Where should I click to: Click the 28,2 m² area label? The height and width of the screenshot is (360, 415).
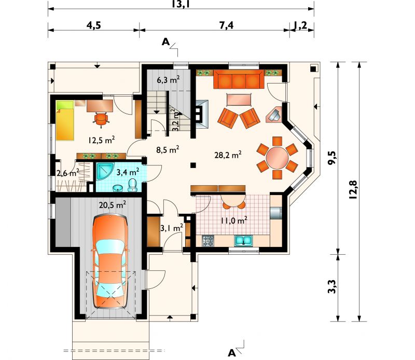click(x=228, y=155)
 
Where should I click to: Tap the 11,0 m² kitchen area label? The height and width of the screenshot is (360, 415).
click(x=234, y=220)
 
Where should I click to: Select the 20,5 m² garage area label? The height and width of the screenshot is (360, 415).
click(x=112, y=204)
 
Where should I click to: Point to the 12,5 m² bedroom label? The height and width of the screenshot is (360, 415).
click(x=101, y=140)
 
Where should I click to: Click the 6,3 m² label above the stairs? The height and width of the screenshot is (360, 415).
click(x=168, y=80)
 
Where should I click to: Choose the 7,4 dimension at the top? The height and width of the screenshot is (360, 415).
click(x=226, y=25)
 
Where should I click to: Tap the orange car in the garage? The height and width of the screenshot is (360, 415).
click(x=110, y=261)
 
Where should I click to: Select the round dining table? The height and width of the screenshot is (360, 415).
click(x=277, y=158)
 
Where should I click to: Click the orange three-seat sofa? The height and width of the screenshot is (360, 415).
click(x=239, y=79)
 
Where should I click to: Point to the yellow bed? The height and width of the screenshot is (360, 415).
click(x=64, y=121)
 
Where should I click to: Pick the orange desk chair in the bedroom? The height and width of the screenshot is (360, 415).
click(x=101, y=119)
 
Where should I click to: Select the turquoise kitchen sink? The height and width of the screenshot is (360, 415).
click(x=243, y=241)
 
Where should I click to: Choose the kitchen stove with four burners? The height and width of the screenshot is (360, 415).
click(x=208, y=241)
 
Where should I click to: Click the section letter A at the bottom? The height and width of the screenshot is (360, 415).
click(x=231, y=353)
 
